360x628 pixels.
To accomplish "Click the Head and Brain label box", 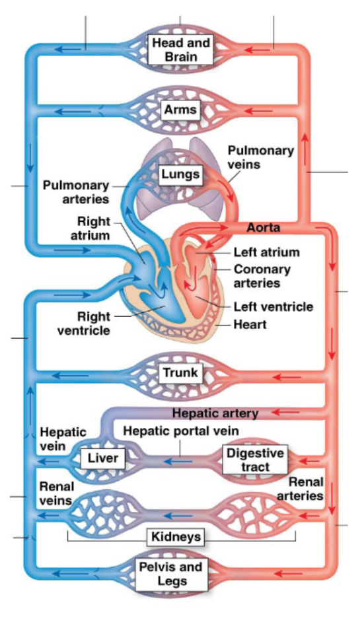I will click(x=180, y=50).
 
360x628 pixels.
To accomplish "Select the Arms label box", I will click(x=180, y=109).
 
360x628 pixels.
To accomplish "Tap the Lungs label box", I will click(x=180, y=175).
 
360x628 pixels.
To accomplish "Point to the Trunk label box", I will click(x=180, y=373).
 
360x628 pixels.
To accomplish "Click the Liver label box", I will click(x=102, y=458).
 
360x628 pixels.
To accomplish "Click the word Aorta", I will click(x=264, y=228).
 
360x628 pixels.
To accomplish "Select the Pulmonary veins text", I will click(x=260, y=157).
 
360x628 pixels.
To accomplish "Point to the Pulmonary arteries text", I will click(x=76, y=192).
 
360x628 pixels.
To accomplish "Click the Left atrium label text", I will click(x=266, y=252).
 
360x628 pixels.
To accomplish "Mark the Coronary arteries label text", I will click(x=262, y=276).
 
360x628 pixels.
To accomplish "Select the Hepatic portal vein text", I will click(x=181, y=431).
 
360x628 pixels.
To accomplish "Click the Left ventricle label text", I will click(x=273, y=306).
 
